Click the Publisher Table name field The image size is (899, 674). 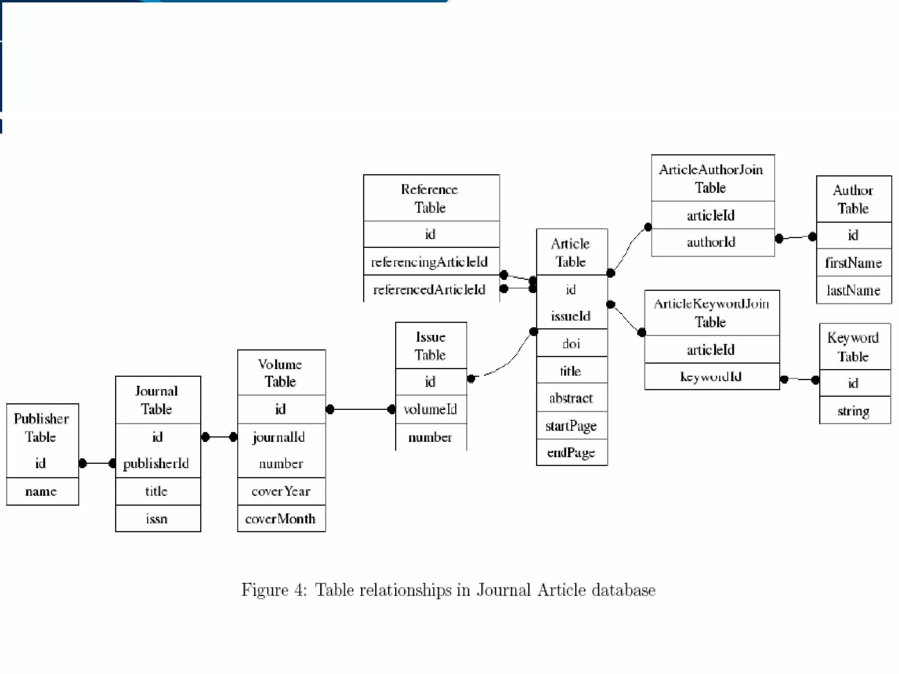(x=41, y=491)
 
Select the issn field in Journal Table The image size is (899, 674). (x=157, y=519)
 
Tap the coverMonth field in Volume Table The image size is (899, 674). (x=280, y=519)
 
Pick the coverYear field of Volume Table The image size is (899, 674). (x=281, y=491)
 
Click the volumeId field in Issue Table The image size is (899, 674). (x=430, y=409)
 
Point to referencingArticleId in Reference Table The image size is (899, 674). (x=429, y=262)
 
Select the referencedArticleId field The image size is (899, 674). (x=429, y=290)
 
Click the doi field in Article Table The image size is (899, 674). (x=571, y=343)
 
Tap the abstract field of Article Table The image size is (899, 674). (x=571, y=398)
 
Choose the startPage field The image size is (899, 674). (x=571, y=426)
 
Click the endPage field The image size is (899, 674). (x=571, y=452)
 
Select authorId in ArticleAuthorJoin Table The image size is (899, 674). (x=711, y=242)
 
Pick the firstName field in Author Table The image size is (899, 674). (x=853, y=262)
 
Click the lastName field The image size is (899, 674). (x=853, y=290)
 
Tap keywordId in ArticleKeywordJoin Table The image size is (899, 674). (x=711, y=376)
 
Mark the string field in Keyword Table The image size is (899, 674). (x=853, y=411)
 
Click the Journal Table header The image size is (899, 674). (x=157, y=400)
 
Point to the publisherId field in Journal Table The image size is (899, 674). (x=156, y=463)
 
